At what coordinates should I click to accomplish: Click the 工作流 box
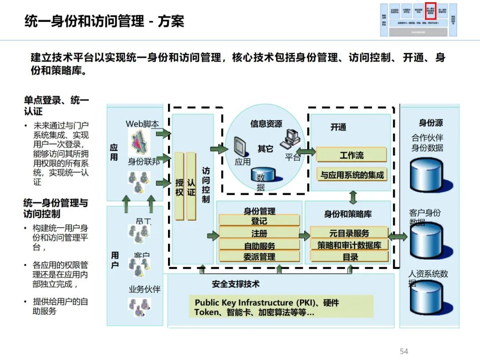[351, 155]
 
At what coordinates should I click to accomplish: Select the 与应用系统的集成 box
[351, 175]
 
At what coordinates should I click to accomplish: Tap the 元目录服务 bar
[349, 233]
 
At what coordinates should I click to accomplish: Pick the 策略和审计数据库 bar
[349, 245]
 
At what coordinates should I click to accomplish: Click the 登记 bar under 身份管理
[259, 221]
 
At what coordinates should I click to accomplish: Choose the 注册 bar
[259, 233]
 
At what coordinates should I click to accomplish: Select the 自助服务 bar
[259, 245]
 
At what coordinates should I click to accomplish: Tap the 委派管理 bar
[259, 256]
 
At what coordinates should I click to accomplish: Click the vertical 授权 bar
[179, 187]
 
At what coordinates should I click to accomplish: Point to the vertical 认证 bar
[191, 187]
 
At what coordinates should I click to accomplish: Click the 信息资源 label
[266, 124]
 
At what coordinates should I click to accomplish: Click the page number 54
[404, 351]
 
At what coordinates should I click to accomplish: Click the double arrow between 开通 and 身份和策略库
[353, 197]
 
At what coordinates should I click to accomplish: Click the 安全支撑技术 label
[236, 284]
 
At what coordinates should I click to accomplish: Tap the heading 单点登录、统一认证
[56, 106]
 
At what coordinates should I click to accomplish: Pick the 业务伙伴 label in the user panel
[144, 289]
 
